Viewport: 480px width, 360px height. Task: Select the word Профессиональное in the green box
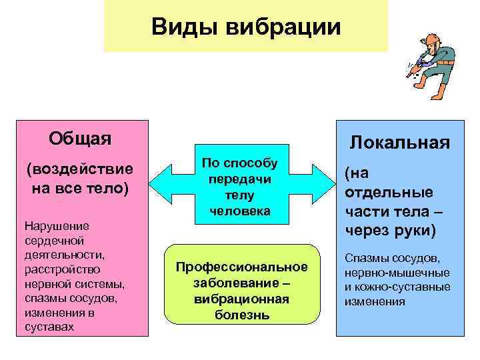(242, 267)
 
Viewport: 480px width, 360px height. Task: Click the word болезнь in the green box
(242, 314)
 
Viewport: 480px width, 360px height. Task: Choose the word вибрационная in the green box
(242, 298)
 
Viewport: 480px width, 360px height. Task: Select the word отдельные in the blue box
(389, 192)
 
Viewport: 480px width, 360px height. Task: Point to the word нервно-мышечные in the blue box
(397, 273)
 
